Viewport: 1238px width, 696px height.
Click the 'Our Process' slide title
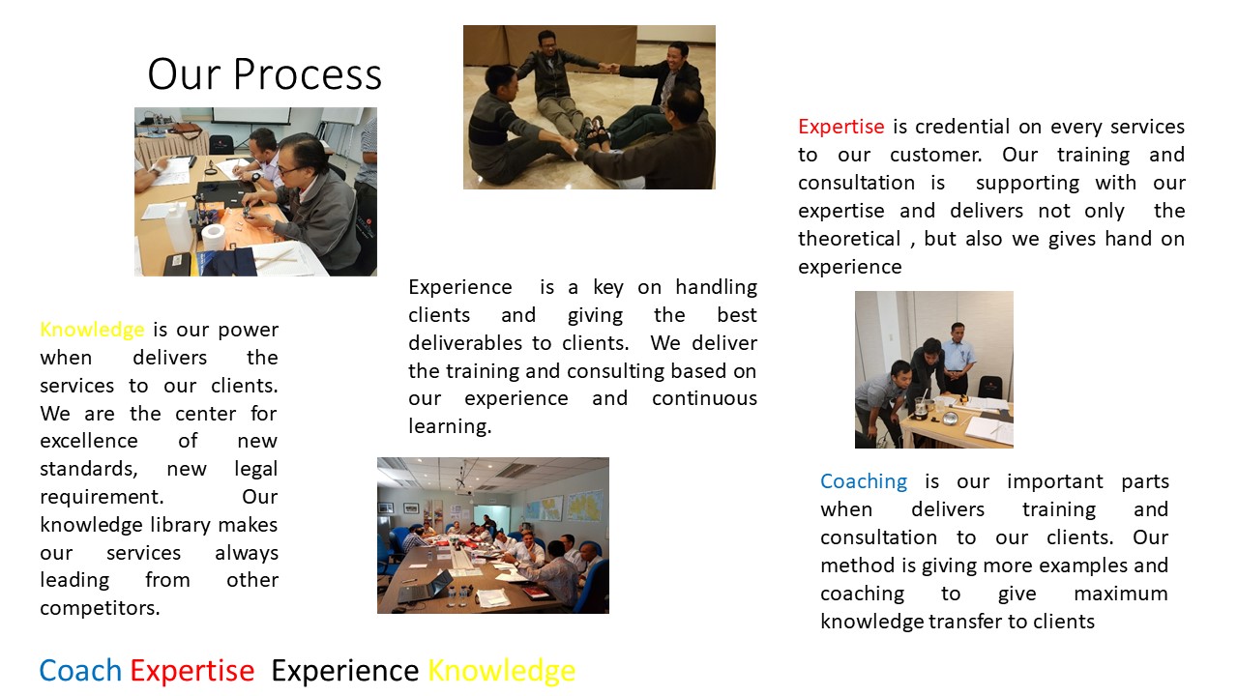[264, 74]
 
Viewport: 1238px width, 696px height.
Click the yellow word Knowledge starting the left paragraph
[92, 330]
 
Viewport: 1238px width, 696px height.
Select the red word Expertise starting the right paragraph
[841, 127]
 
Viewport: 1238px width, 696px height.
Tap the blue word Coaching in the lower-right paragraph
[864, 481]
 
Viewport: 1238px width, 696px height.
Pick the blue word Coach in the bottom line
[80, 671]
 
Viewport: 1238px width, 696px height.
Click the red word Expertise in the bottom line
[192, 672]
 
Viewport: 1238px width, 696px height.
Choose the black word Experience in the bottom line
[345, 672]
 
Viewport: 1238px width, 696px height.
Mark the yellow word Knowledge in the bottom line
[502, 672]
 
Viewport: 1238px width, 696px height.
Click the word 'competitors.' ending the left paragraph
[100, 608]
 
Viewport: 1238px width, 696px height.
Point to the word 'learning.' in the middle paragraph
[450, 426]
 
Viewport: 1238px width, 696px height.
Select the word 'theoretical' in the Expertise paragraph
[849, 239]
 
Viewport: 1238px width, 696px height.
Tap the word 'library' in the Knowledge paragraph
[180, 525]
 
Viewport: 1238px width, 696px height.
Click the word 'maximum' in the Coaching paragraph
[1121, 594]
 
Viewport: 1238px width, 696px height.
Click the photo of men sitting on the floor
[589, 107]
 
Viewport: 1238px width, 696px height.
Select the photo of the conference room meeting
[493, 536]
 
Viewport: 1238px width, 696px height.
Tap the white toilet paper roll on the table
[214, 237]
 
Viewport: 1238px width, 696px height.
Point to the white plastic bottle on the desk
[178, 227]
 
